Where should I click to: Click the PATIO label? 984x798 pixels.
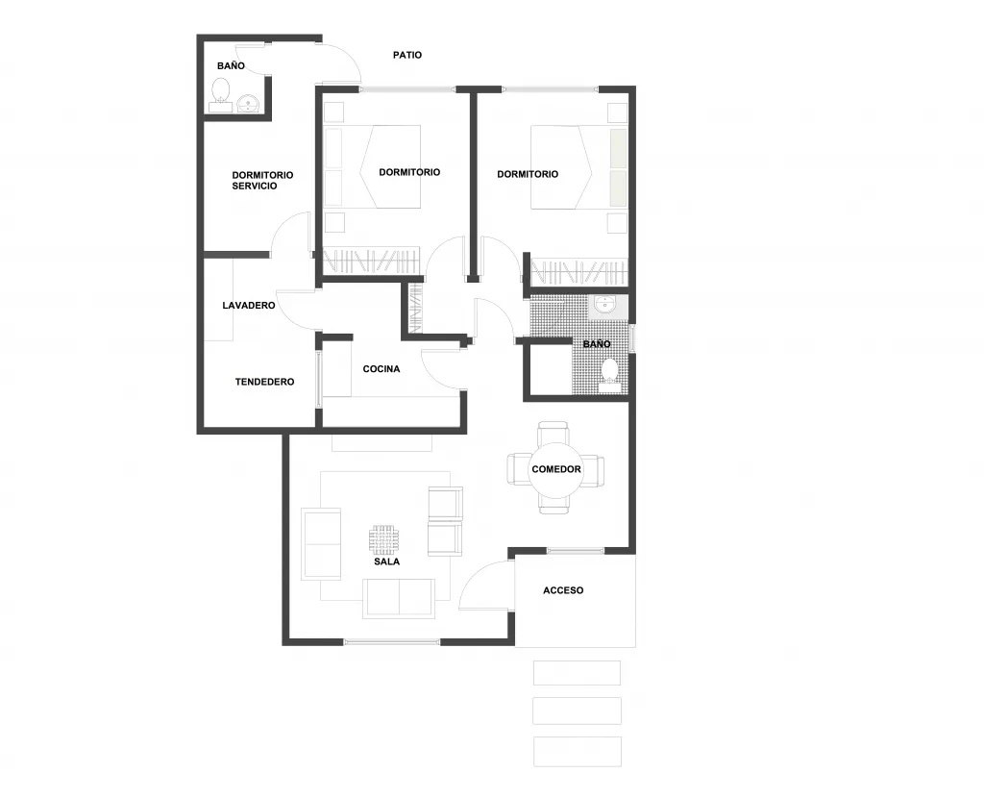(407, 55)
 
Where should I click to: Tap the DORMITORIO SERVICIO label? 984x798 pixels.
(262, 180)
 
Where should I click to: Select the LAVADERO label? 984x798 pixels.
(249, 305)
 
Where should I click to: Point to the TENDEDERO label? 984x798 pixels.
(264, 382)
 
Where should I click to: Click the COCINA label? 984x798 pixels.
(381, 369)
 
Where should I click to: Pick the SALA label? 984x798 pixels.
(386, 561)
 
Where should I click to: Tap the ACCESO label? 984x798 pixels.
(563, 590)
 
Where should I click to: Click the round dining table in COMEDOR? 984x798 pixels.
(556, 469)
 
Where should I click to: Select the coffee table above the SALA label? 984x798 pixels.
(383, 538)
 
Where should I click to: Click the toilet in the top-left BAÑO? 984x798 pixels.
(220, 92)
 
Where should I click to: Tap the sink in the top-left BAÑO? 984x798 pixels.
(249, 104)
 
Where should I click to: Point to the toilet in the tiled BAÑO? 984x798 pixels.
(608, 373)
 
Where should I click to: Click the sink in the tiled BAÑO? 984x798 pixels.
(605, 304)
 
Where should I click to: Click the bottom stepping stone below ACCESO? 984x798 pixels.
(578, 752)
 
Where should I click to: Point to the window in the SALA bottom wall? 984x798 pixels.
(392, 641)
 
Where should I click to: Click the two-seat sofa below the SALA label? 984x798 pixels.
(399, 598)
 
